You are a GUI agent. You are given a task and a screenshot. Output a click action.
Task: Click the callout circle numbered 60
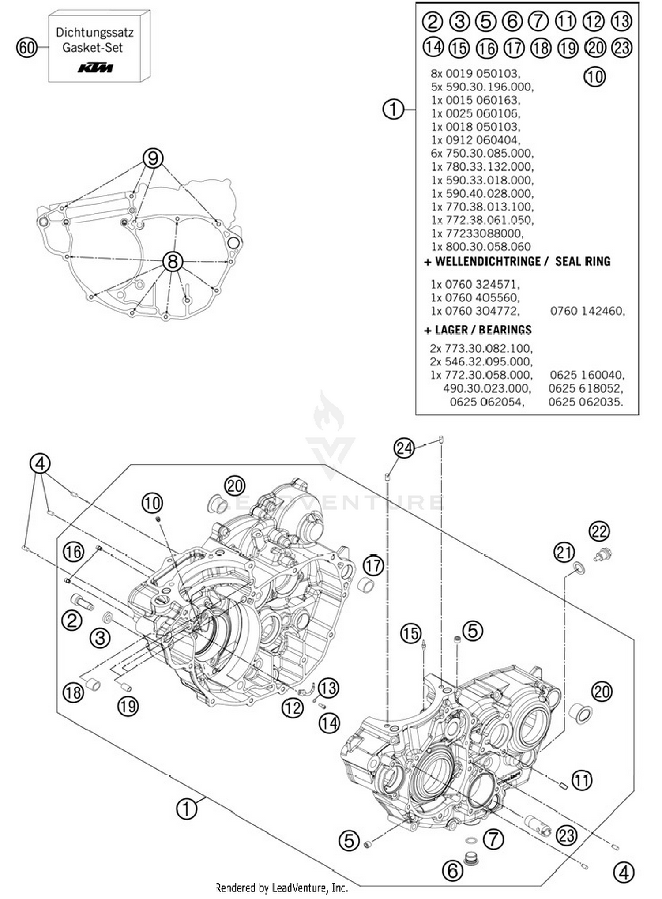[x=26, y=47]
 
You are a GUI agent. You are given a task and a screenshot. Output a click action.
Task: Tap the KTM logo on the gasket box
[x=95, y=68]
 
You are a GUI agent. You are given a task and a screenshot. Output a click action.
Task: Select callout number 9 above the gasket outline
[x=153, y=158]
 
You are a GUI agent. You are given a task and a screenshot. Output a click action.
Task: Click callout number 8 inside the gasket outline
[x=173, y=261]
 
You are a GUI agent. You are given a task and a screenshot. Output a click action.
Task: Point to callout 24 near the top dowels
[x=404, y=448]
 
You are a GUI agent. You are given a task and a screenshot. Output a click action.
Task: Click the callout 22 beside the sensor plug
[x=599, y=531]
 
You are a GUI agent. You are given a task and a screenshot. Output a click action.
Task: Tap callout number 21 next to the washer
[x=564, y=553]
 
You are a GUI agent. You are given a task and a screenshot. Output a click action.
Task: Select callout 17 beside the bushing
[x=373, y=565]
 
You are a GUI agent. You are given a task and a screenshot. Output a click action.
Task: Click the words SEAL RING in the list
[x=583, y=261]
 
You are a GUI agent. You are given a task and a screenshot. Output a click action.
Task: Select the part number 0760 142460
[x=587, y=311]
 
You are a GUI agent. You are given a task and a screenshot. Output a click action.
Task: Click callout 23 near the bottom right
[x=566, y=835]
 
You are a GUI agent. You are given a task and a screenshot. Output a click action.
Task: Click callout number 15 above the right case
[x=410, y=634]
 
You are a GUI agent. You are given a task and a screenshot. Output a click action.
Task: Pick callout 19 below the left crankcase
[x=128, y=706]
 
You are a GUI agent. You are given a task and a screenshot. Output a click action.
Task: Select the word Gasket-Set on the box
[x=92, y=48]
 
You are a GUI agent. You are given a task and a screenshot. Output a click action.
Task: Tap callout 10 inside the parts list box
[x=594, y=77]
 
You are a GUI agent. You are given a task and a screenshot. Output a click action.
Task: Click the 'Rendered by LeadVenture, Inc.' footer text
[x=282, y=888]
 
